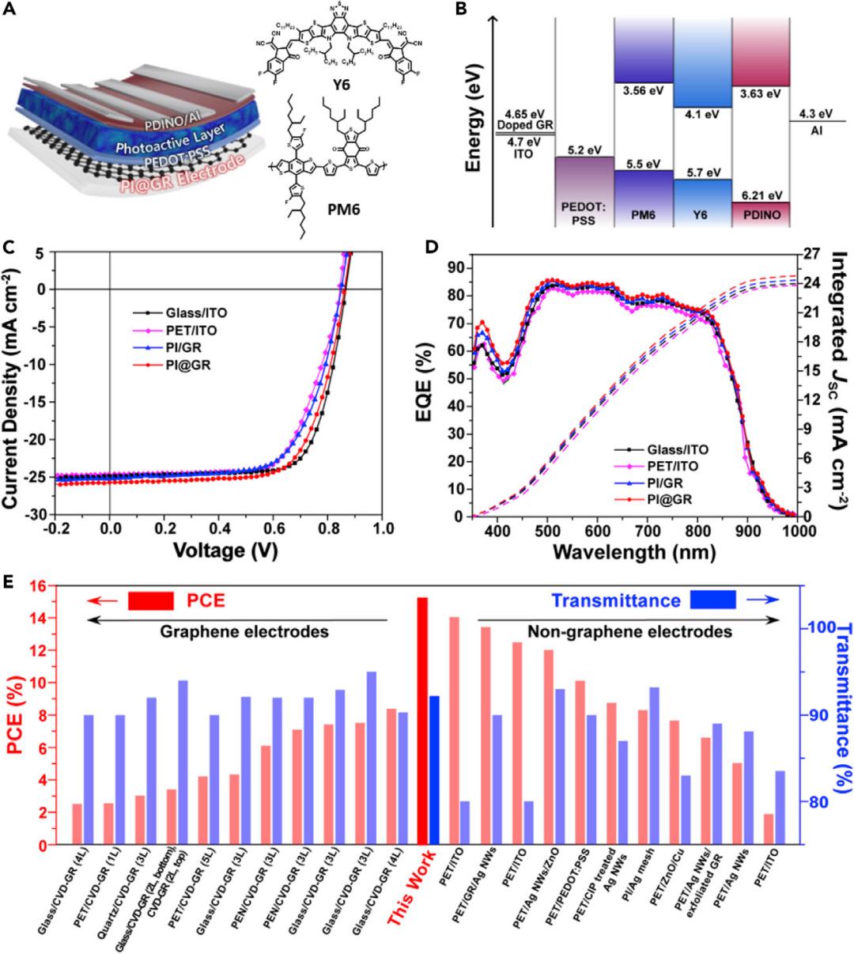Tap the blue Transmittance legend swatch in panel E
pos(712,600)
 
